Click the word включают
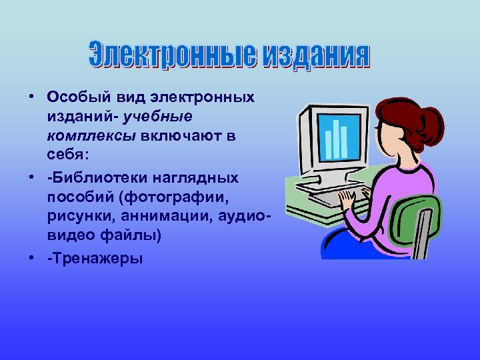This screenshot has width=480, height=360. [x=177, y=135]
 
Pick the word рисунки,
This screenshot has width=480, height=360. [x=75, y=217]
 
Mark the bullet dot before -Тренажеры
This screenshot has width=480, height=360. [x=32, y=259]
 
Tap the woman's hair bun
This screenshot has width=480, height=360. [x=432, y=122]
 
